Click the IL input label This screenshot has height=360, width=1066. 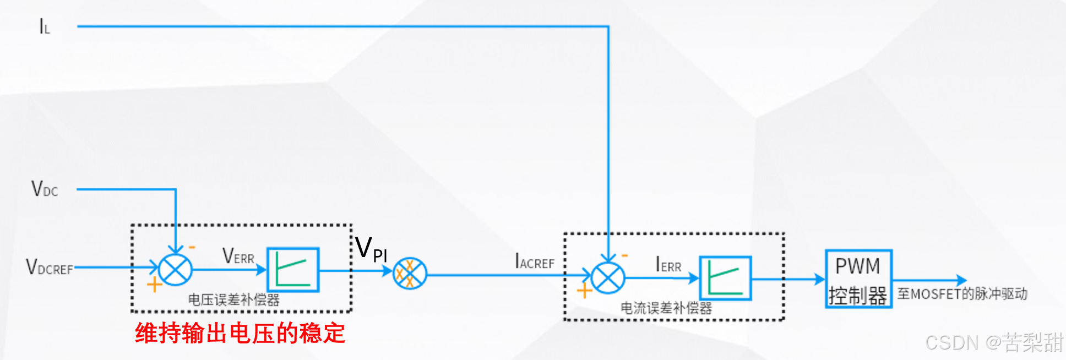[x=44, y=26]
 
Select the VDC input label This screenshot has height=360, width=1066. [x=45, y=189]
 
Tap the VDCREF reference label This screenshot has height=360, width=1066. [x=50, y=268]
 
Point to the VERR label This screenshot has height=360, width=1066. [x=238, y=256]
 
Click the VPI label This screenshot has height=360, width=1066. [x=371, y=249]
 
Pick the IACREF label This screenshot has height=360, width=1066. [x=534, y=261]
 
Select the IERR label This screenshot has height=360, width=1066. [x=668, y=265]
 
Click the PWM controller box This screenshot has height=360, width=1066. [x=858, y=279]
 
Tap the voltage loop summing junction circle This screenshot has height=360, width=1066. [x=175, y=270]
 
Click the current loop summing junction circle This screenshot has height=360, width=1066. [x=608, y=278]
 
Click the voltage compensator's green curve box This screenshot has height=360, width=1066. [x=293, y=270]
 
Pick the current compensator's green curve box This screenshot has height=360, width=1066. [x=725, y=278]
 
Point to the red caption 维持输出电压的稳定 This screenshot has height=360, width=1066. [x=240, y=334]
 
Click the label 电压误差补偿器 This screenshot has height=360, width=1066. [x=233, y=300]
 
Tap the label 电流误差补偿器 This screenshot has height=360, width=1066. [x=666, y=308]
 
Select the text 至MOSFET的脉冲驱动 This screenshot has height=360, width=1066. [x=962, y=294]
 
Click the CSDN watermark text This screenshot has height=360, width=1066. [x=994, y=342]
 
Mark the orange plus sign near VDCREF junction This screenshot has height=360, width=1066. [x=154, y=285]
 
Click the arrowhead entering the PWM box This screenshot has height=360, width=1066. [x=820, y=280]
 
